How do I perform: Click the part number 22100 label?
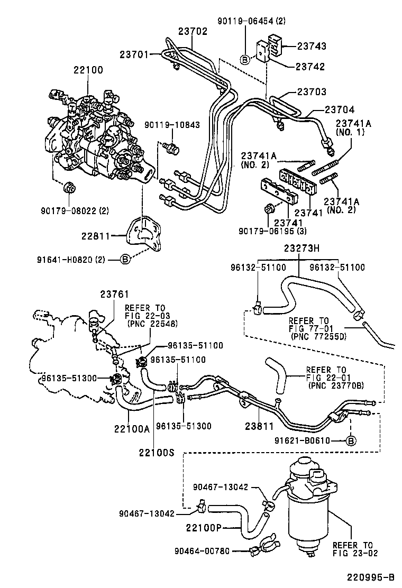[x=89, y=70]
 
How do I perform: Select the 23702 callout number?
[x=193, y=32]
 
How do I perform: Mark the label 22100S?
[x=154, y=453]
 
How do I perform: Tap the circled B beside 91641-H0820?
[x=125, y=259]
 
